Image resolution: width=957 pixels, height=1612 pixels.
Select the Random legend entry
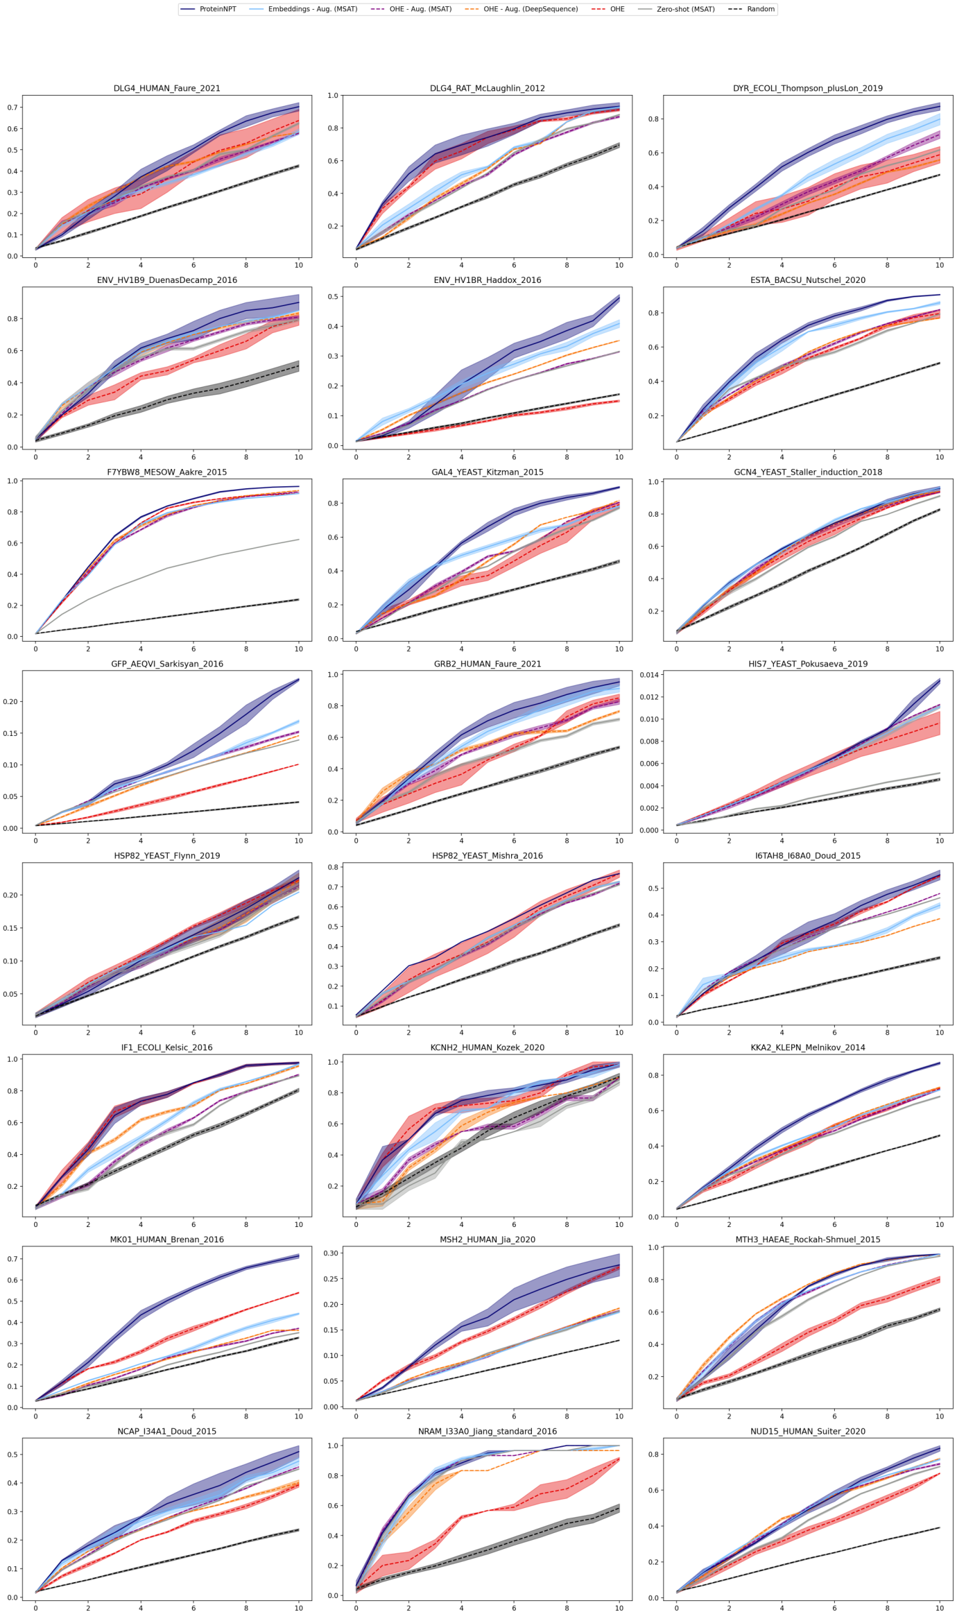(x=760, y=9)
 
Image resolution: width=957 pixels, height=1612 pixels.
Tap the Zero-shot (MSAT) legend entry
(x=685, y=9)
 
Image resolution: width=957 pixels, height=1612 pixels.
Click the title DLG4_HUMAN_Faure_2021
(x=166, y=88)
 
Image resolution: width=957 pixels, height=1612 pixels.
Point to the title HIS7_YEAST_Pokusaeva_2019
(x=807, y=664)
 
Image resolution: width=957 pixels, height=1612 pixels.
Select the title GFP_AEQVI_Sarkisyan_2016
(x=166, y=664)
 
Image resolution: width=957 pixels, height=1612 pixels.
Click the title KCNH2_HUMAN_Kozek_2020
(x=487, y=1047)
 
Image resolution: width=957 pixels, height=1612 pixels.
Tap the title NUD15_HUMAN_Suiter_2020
(x=807, y=1431)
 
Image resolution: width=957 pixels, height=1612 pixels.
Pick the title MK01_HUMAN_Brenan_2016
(x=166, y=1240)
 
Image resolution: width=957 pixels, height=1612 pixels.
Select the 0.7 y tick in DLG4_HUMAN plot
(x=12, y=108)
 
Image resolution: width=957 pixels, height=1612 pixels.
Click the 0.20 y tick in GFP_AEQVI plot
(x=9, y=701)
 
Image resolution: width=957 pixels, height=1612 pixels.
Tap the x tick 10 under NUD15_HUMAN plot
(x=939, y=1607)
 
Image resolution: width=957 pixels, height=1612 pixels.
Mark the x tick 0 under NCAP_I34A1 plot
(x=36, y=1607)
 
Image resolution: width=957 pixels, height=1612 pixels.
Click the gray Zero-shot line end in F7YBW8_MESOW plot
(x=299, y=540)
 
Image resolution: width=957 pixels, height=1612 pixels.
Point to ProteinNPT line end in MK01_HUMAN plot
(x=299, y=1255)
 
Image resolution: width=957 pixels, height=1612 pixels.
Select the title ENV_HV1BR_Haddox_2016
(x=487, y=280)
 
